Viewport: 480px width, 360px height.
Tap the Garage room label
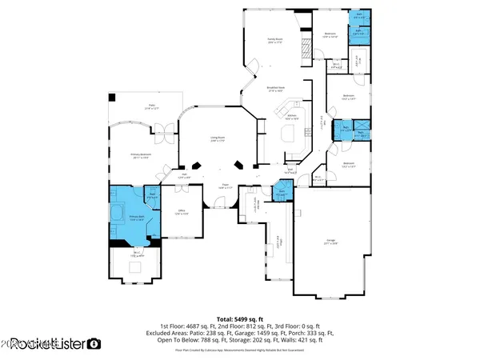click(330, 240)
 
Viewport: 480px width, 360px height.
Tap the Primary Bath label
click(136, 218)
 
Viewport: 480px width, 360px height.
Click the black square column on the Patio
click(113, 97)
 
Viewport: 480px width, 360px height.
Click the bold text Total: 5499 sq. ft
click(240, 318)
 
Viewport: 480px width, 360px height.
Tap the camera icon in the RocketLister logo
click(94, 344)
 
